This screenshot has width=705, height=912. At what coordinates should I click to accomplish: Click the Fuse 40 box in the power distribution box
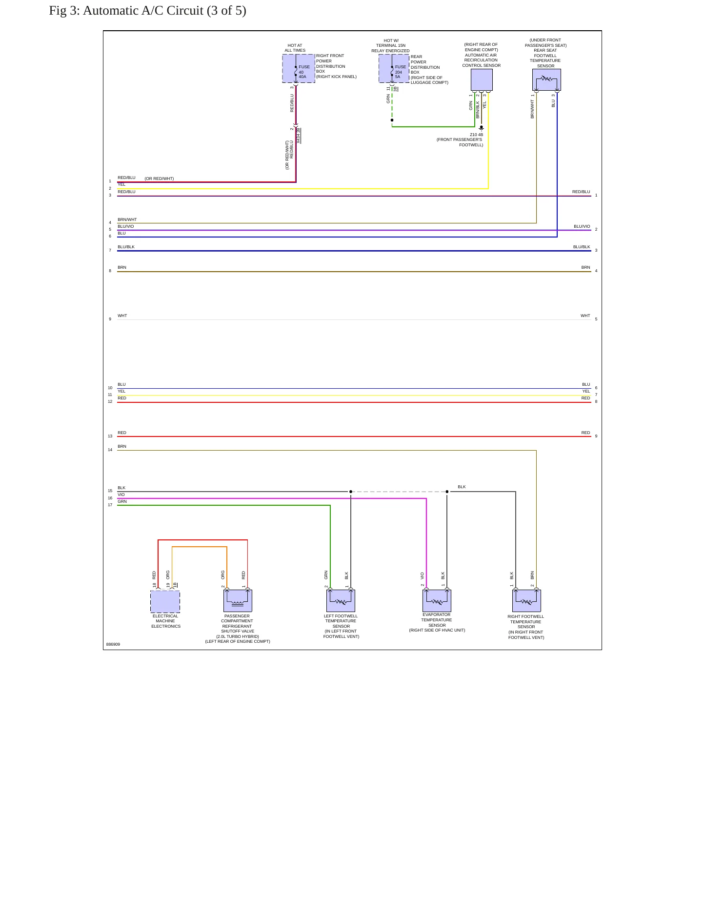(x=299, y=68)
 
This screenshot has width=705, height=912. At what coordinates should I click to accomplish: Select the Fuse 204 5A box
(x=394, y=68)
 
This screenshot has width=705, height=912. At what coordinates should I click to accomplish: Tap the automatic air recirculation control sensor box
(x=482, y=79)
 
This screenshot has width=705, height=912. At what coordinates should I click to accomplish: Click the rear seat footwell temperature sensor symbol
(x=546, y=79)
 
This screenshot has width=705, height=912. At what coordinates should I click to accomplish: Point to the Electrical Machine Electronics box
(x=165, y=601)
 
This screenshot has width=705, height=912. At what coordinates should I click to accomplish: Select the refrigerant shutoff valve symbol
(x=238, y=600)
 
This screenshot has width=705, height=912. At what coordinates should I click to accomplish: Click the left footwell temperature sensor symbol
(x=341, y=600)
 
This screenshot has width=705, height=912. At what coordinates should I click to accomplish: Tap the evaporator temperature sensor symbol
(x=437, y=600)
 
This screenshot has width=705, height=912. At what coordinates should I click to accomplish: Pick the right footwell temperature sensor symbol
(x=526, y=600)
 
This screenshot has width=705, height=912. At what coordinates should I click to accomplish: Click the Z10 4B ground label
(x=476, y=135)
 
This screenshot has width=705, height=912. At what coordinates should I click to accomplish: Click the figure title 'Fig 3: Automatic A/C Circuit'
(x=147, y=11)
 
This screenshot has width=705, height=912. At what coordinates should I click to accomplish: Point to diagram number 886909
(x=113, y=644)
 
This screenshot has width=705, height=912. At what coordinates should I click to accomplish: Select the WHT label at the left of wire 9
(x=122, y=316)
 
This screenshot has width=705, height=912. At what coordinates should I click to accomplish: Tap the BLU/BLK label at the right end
(x=582, y=247)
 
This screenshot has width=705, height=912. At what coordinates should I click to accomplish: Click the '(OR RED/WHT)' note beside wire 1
(x=159, y=178)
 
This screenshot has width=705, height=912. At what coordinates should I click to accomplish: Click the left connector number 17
(x=110, y=505)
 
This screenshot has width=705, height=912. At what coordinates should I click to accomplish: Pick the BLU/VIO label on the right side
(x=582, y=226)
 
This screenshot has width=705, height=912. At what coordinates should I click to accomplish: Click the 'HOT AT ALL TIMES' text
(x=295, y=48)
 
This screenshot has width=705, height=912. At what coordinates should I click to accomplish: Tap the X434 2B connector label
(x=299, y=136)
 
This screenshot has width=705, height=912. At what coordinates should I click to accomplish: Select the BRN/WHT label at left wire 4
(x=127, y=219)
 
